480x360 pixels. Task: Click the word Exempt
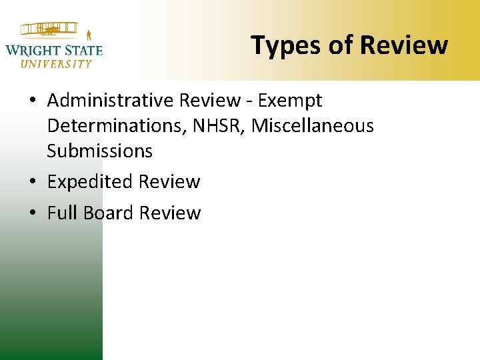pyautogui.click(x=290, y=101)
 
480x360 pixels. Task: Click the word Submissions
pyautogui.click(x=99, y=151)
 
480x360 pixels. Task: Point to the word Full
pyautogui.click(x=60, y=213)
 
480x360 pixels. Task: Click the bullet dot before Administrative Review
pyautogui.click(x=33, y=101)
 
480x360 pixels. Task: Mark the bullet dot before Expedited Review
pyautogui.click(x=33, y=182)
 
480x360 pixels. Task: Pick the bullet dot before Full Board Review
pyautogui.click(x=33, y=213)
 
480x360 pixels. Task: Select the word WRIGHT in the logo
pyautogui.click(x=31, y=49)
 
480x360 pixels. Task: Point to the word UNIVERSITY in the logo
pyautogui.click(x=56, y=64)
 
